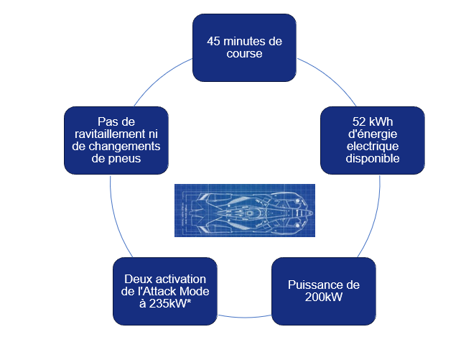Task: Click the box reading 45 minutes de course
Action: tap(244, 47)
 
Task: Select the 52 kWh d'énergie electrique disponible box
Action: tap(371, 140)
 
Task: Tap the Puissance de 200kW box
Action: tap(323, 291)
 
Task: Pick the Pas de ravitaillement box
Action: tap(116, 140)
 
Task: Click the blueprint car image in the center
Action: tap(245, 211)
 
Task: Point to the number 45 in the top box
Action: tap(213, 41)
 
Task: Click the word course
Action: tap(245, 53)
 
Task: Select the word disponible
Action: tap(372, 159)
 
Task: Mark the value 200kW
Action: tap(323, 297)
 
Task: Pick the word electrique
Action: tap(372, 147)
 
